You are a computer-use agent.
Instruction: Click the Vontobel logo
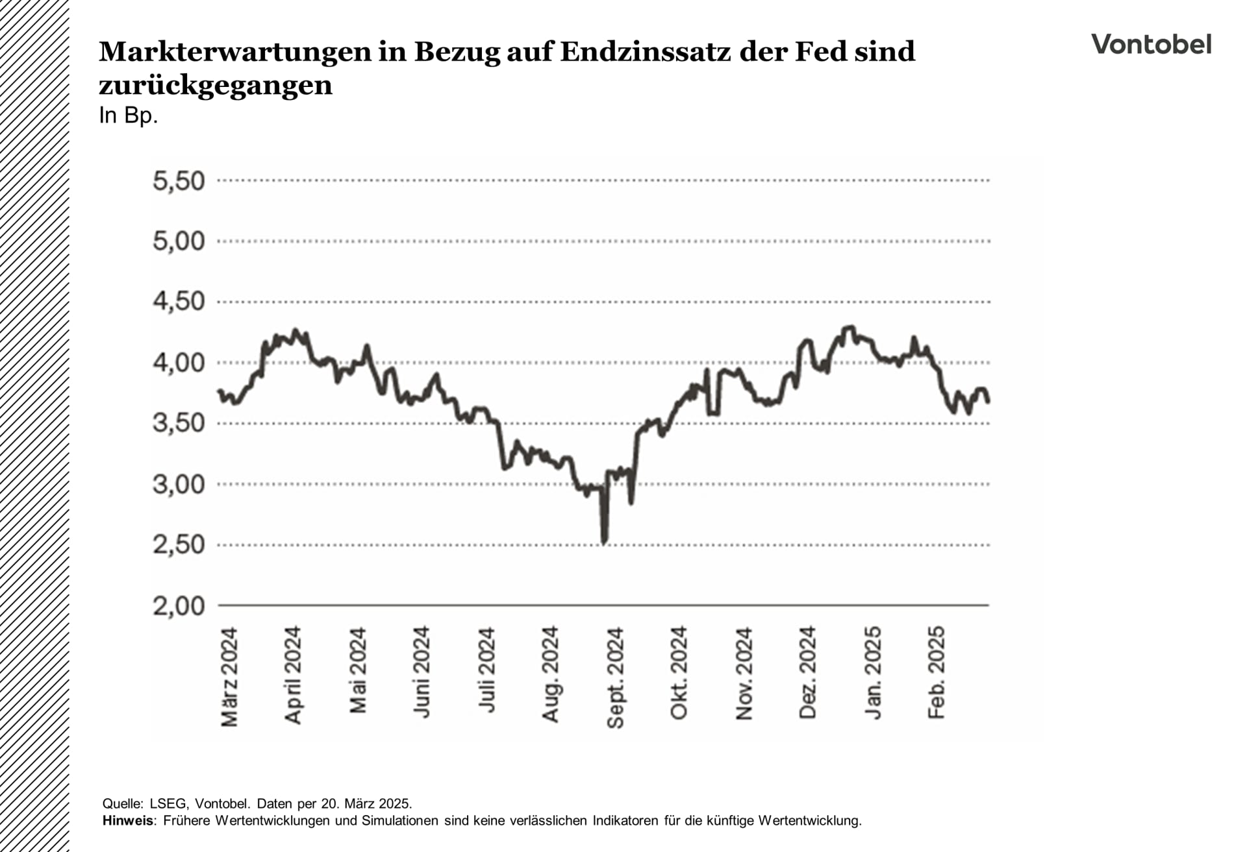point(1151,45)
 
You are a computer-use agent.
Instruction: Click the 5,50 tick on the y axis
point(179,181)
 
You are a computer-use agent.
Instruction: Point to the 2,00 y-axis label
point(179,606)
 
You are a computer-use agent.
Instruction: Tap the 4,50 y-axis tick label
point(179,302)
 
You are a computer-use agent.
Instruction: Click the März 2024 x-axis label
point(229,677)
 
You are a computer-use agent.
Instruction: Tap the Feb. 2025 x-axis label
point(936,673)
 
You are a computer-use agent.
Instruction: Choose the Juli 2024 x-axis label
point(486,670)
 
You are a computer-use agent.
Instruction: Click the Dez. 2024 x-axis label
point(807,673)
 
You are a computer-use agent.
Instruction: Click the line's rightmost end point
point(988,402)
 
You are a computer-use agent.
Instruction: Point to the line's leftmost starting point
point(219,391)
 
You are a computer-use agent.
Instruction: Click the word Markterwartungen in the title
point(234,52)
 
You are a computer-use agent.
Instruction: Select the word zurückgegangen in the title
point(215,85)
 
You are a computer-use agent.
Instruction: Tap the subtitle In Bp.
point(128,116)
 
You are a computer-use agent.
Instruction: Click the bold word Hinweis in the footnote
point(128,821)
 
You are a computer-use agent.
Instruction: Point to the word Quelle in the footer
point(121,804)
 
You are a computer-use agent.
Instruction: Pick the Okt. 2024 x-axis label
point(679,674)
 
